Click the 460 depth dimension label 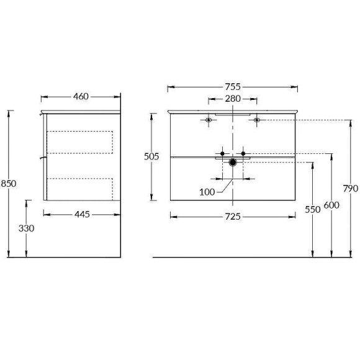81,96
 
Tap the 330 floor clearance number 26,228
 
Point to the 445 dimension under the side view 83,214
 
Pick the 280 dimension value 232,99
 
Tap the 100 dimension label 208,192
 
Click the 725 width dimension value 232,216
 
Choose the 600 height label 331,205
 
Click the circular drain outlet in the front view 233,163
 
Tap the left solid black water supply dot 222,153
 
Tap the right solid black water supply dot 244,153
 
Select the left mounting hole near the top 209,120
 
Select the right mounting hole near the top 256,120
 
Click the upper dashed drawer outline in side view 80,142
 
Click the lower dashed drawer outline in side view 80,188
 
